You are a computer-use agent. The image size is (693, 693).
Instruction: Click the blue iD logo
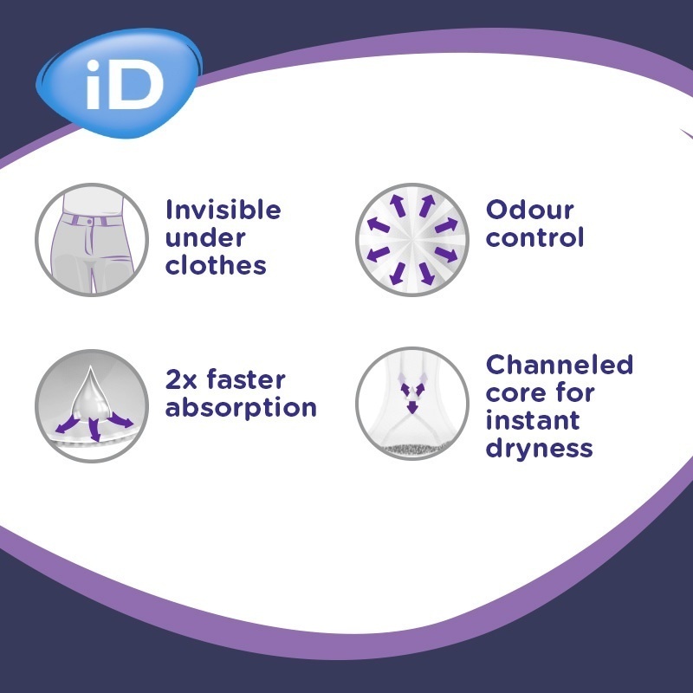click(119, 82)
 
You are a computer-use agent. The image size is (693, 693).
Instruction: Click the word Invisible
click(223, 210)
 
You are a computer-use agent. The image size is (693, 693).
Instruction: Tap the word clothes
click(216, 265)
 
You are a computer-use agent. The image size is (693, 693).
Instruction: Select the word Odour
click(529, 210)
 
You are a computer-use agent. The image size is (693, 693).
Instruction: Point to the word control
click(534, 237)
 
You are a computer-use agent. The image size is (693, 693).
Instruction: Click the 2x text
click(181, 380)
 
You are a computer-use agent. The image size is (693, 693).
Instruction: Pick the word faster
click(246, 379)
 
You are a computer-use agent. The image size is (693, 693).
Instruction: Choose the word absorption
click(241, 407)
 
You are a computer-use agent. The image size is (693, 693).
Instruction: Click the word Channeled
click(559, 365)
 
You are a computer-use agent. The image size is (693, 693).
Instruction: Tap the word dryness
click(539, 449)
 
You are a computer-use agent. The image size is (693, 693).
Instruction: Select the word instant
click(533, 420)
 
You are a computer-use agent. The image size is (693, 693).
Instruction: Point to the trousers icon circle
click(92, 240)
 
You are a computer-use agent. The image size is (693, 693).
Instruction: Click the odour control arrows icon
click(412, 240)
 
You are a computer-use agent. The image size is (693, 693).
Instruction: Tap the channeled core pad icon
click(412, 404)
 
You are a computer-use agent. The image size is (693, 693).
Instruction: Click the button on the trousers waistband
click(90, 222)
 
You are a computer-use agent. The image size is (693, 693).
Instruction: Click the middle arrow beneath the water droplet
click(94, 429)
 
